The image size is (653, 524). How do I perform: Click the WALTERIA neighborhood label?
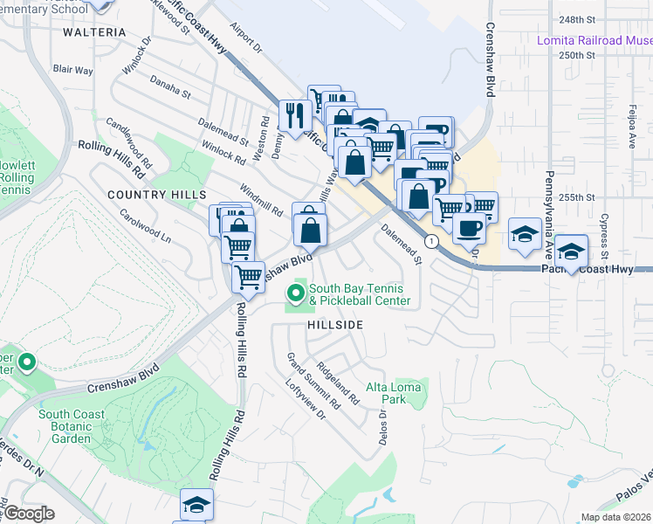[95, 32]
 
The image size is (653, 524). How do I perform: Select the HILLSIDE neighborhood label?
[334, 324]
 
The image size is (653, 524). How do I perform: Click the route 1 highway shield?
[430, 240]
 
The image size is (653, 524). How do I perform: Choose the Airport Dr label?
[246, 38]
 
